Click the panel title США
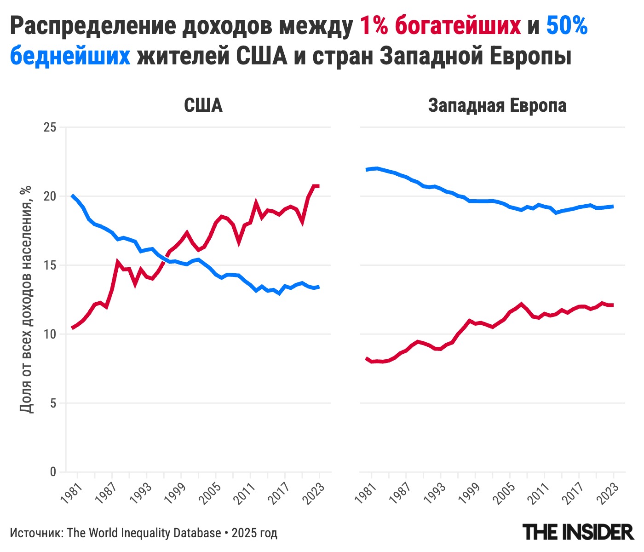pyautogui.click(x=203, y=105)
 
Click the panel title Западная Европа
pyautogui.click(x=497, y=105)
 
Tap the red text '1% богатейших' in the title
pyautogui.click(x=440, y=26)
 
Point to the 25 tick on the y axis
pyautogui.click(x=50, y=127)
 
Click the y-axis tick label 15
pyautogui.click(x=50, y=265)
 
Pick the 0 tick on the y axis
pyautogui.click(x=53, y=472)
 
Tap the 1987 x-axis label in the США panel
pyautogui.click(x=105, y=494)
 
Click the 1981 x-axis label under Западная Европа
pyautogui.click(x=365, y=494)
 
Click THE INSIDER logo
pyautogui.click(x=578, y=532)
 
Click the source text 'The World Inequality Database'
pyautogui.click(x=144, y=533)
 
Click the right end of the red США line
pyautogui.click(x=319, y=186)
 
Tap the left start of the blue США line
pyautogui.click(x=72, y=196)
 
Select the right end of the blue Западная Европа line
pyautogui.click(x=613, y=206)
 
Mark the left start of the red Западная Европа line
pyautogui.click(x=367, y=358)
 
